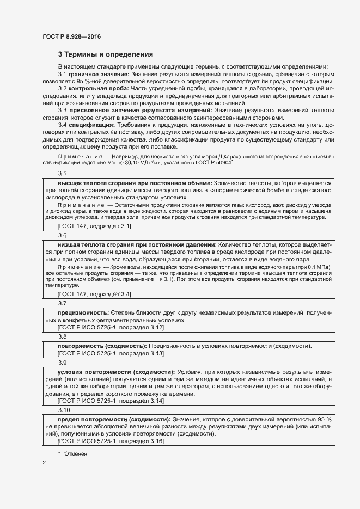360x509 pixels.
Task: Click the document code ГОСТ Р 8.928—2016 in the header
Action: pos(71,36)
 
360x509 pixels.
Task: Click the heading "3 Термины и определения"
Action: pos(106,54)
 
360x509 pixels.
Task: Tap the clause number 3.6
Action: pos(63,236)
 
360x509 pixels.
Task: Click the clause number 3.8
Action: pos(63,338)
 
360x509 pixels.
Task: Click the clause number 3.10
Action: pos(64,410)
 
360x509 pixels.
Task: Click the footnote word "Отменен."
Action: pos(76,453)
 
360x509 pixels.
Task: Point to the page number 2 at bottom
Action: pos(44,463)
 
